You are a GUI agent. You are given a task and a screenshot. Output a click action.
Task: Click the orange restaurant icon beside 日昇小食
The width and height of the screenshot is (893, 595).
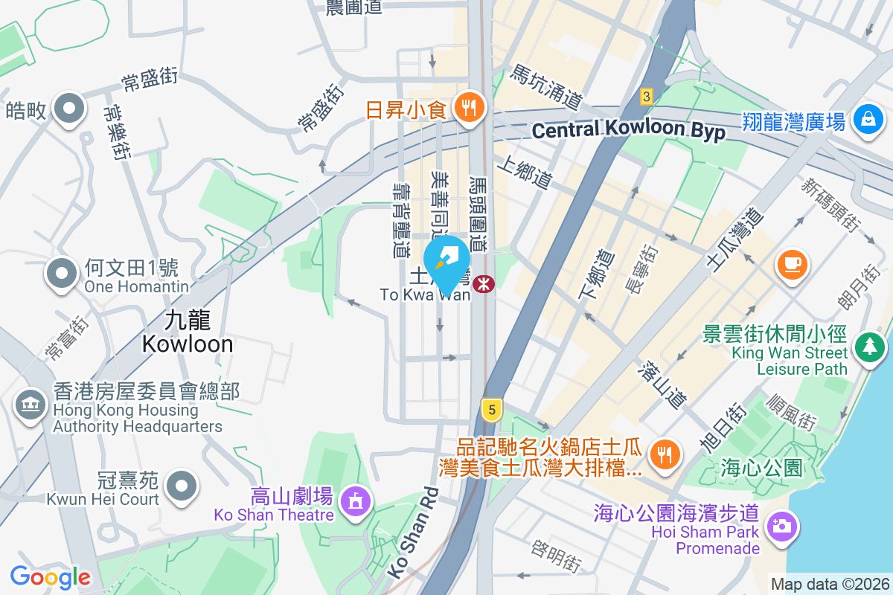coord(469,109)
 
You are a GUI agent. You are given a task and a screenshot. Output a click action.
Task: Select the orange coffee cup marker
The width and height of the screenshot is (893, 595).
coord(792,263)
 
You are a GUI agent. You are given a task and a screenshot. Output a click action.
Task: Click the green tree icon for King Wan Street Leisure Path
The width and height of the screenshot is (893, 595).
coord(868,347)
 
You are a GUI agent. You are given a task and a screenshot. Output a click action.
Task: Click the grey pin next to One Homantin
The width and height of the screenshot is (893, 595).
coord(63,273)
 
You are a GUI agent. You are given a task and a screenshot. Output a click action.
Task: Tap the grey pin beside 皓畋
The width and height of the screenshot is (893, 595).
coord(69,109)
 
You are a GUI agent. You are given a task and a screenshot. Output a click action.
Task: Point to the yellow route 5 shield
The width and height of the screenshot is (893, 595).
coord(490,408)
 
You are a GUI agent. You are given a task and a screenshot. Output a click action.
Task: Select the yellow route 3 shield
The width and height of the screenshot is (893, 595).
coord(647,97)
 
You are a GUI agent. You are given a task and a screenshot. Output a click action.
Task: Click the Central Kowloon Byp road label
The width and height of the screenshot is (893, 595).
coord(629,129)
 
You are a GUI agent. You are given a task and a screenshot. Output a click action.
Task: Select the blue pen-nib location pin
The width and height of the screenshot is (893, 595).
coord(447,260)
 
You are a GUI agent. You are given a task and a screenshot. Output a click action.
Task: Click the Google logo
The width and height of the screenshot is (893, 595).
coord(50,576)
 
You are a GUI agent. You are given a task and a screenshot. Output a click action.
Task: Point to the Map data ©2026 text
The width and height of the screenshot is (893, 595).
coord(829,584)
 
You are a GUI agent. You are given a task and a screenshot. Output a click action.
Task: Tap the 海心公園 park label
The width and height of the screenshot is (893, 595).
coord(762,468)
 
